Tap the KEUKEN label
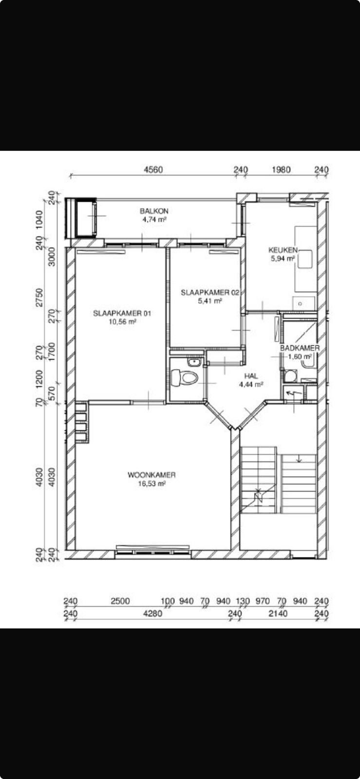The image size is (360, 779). (283, 250)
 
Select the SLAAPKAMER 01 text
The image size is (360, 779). (122, 313)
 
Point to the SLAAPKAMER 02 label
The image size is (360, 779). (210, 293)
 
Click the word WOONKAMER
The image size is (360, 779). (152, 475)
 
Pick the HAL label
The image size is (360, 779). (251, 376)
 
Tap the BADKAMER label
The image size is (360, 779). (300, 348)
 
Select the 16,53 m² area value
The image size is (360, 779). (152, 483)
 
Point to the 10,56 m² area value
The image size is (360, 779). (122, 322)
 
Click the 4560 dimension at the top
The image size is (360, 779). (153, 170)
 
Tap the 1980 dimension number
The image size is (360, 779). (281, 170)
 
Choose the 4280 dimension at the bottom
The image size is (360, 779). (152, 613)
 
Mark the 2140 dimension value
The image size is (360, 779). (278, 613)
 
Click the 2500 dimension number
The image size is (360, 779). (120, 601)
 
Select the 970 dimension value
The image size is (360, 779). (263, 601)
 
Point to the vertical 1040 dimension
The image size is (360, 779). (39, 220)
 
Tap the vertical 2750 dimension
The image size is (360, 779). (39, 297)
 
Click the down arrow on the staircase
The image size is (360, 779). (299, 459)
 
